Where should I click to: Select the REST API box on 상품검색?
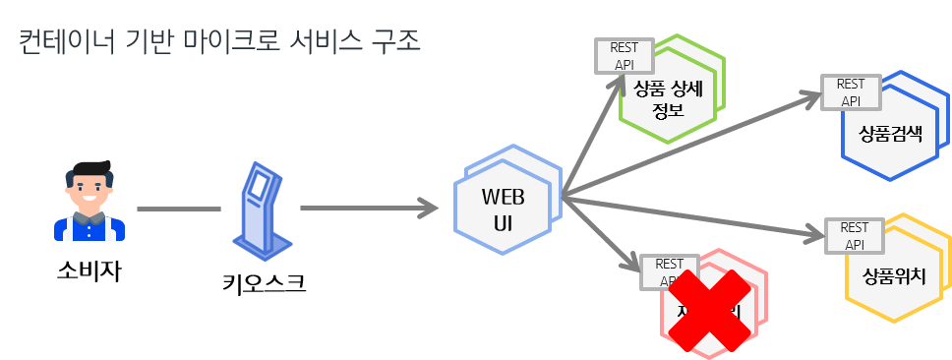[x=851, y=92]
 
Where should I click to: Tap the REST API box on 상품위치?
[x=855, y=235]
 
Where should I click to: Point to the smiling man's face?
[x=89, y=187]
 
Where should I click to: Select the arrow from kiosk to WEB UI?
[x=369, y=209]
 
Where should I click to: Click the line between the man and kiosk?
[x=178, y=209]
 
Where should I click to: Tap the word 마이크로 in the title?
[x=222, y=43]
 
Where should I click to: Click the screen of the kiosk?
[x=258, y=184]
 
